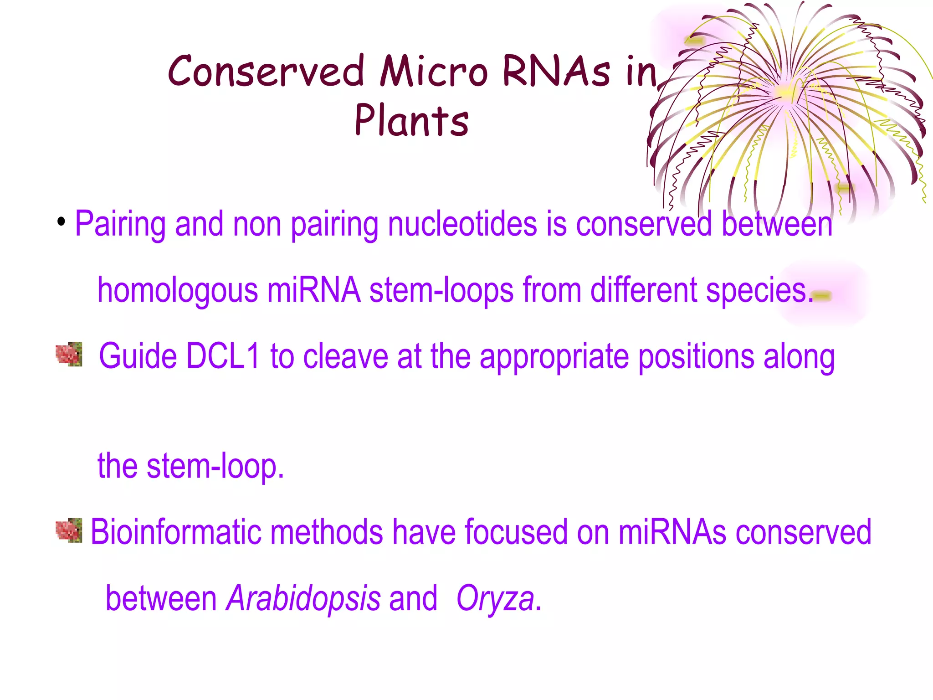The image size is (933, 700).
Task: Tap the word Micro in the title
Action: click(434, 71)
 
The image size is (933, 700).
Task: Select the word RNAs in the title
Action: click(556, 71)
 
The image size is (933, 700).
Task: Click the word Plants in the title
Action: click(411, 120)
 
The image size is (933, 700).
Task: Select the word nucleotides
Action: click(462, 224)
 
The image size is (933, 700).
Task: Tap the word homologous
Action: click(178, 290)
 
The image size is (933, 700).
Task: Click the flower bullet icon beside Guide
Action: click(69, 354)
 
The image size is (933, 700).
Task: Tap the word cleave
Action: click(345, 356)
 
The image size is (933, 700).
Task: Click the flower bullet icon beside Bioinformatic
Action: click(69, 530)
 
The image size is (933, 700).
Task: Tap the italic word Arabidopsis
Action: click(303, 598)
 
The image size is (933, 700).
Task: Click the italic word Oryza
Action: click(495, 598)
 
